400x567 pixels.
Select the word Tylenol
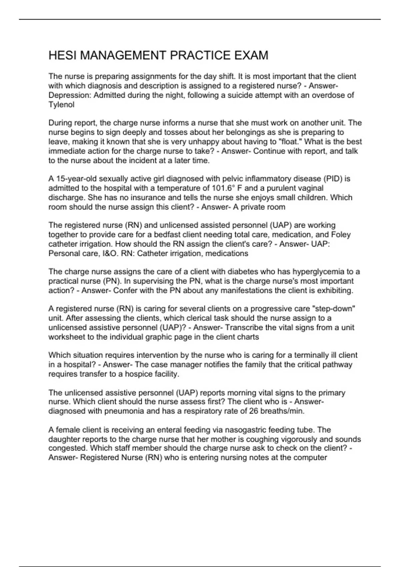coord(61,105)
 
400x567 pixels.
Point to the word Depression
coord(70,95)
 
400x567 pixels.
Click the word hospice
coord(137,374)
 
